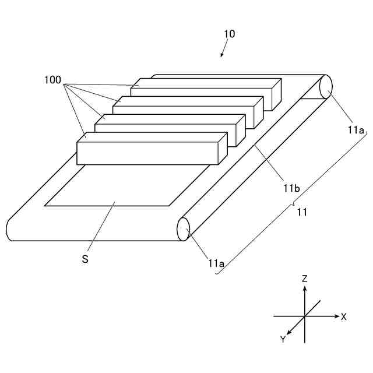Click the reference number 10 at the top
pyautogui.click(x=230, y=34)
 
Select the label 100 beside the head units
pyautogui.click(x=52, y=80)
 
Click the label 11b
pyautogui.click(x=291, y=188)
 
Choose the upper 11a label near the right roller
pyautogui.click(x=356, y=131)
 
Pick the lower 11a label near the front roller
pyautogui.click(x=216, y=263)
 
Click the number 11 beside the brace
pyautogui.click(x=302, y=212)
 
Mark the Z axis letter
pyautogui.click(x=304, y=279)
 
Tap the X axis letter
pyautogui.click(x=344, y=317)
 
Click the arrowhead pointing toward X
pyautogui.click(x=336, y=316)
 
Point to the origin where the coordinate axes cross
pyautogui.click(x=304, y=316)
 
